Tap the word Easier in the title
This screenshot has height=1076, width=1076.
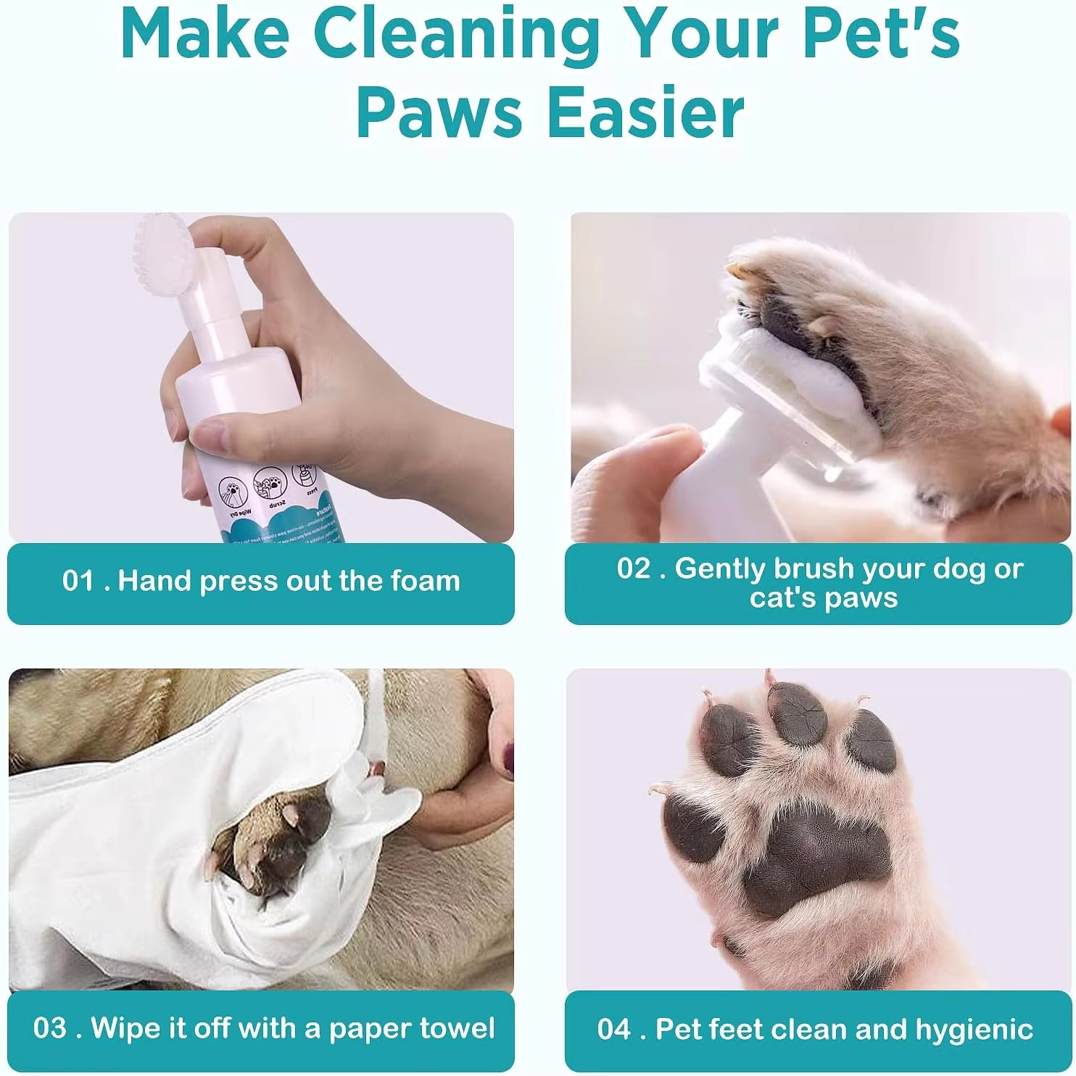coord(645,112)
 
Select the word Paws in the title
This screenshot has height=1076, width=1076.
coord(439,112)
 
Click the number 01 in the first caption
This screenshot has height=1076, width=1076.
coord(78,581)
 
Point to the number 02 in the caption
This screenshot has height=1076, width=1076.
coord(634,568)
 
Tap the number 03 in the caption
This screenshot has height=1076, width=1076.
coord(50,1028)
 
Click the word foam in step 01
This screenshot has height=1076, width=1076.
coord(426,581)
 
